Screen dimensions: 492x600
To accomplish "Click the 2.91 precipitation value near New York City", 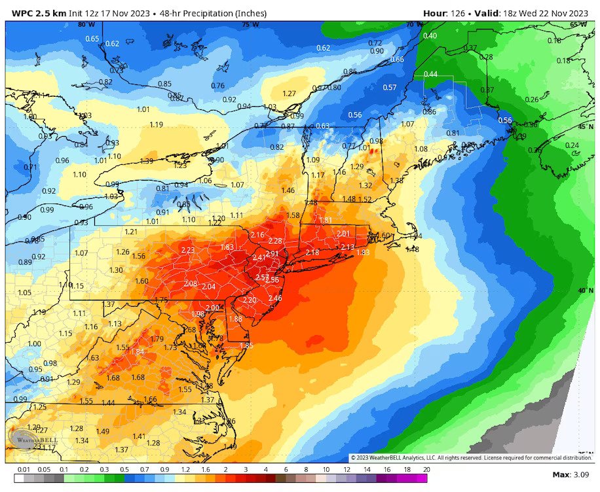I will tap(272, 253).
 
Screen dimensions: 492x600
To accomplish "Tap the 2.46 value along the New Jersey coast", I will tap(275, 298).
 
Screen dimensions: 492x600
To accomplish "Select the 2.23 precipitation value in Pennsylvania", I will tap(187, 250).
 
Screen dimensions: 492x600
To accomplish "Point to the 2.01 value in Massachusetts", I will tap(343, 234).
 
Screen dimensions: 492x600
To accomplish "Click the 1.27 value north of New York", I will tap(290, 94).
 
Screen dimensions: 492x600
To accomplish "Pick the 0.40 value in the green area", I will tap(430, 35).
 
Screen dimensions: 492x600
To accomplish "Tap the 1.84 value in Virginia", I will tap(138, 352).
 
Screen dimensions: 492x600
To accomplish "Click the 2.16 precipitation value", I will tap(257, 235).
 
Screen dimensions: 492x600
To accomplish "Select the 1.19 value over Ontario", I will tap(156, 124).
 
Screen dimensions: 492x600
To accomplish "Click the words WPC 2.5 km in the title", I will tap(32, 12).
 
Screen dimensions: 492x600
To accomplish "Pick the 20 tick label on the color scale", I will tap(427, 469).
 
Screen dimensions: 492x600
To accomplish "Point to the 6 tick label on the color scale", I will tap(286, 469).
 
